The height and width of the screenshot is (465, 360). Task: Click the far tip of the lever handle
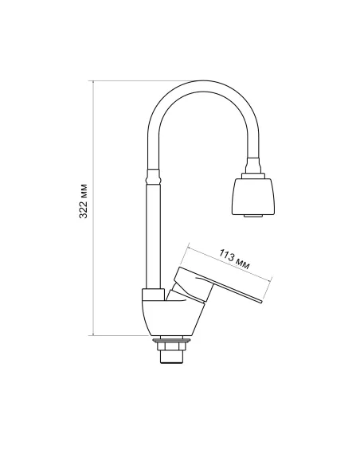point(260,300)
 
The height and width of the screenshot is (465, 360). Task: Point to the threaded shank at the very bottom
point(170,355)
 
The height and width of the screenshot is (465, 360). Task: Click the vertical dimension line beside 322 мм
point(95,263)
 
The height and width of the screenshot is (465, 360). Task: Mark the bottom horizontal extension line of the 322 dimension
point(119,335)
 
